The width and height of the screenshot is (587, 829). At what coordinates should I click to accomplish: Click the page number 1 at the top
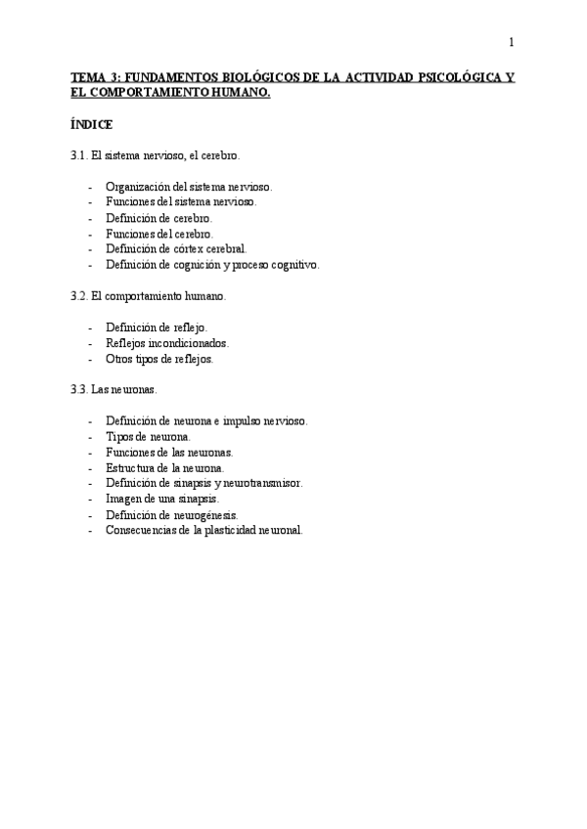(x=511, y=41)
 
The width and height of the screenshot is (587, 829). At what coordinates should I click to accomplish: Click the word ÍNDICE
(x=92, y=125)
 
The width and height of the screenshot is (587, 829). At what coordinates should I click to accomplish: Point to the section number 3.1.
(x=79, y=155)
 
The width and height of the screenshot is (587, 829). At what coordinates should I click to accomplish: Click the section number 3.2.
(x=79, y=295)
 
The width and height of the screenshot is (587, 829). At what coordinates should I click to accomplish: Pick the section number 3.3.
(x=79, y=389)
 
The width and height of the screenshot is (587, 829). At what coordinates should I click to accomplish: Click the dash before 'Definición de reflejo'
(x=90, y=327)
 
